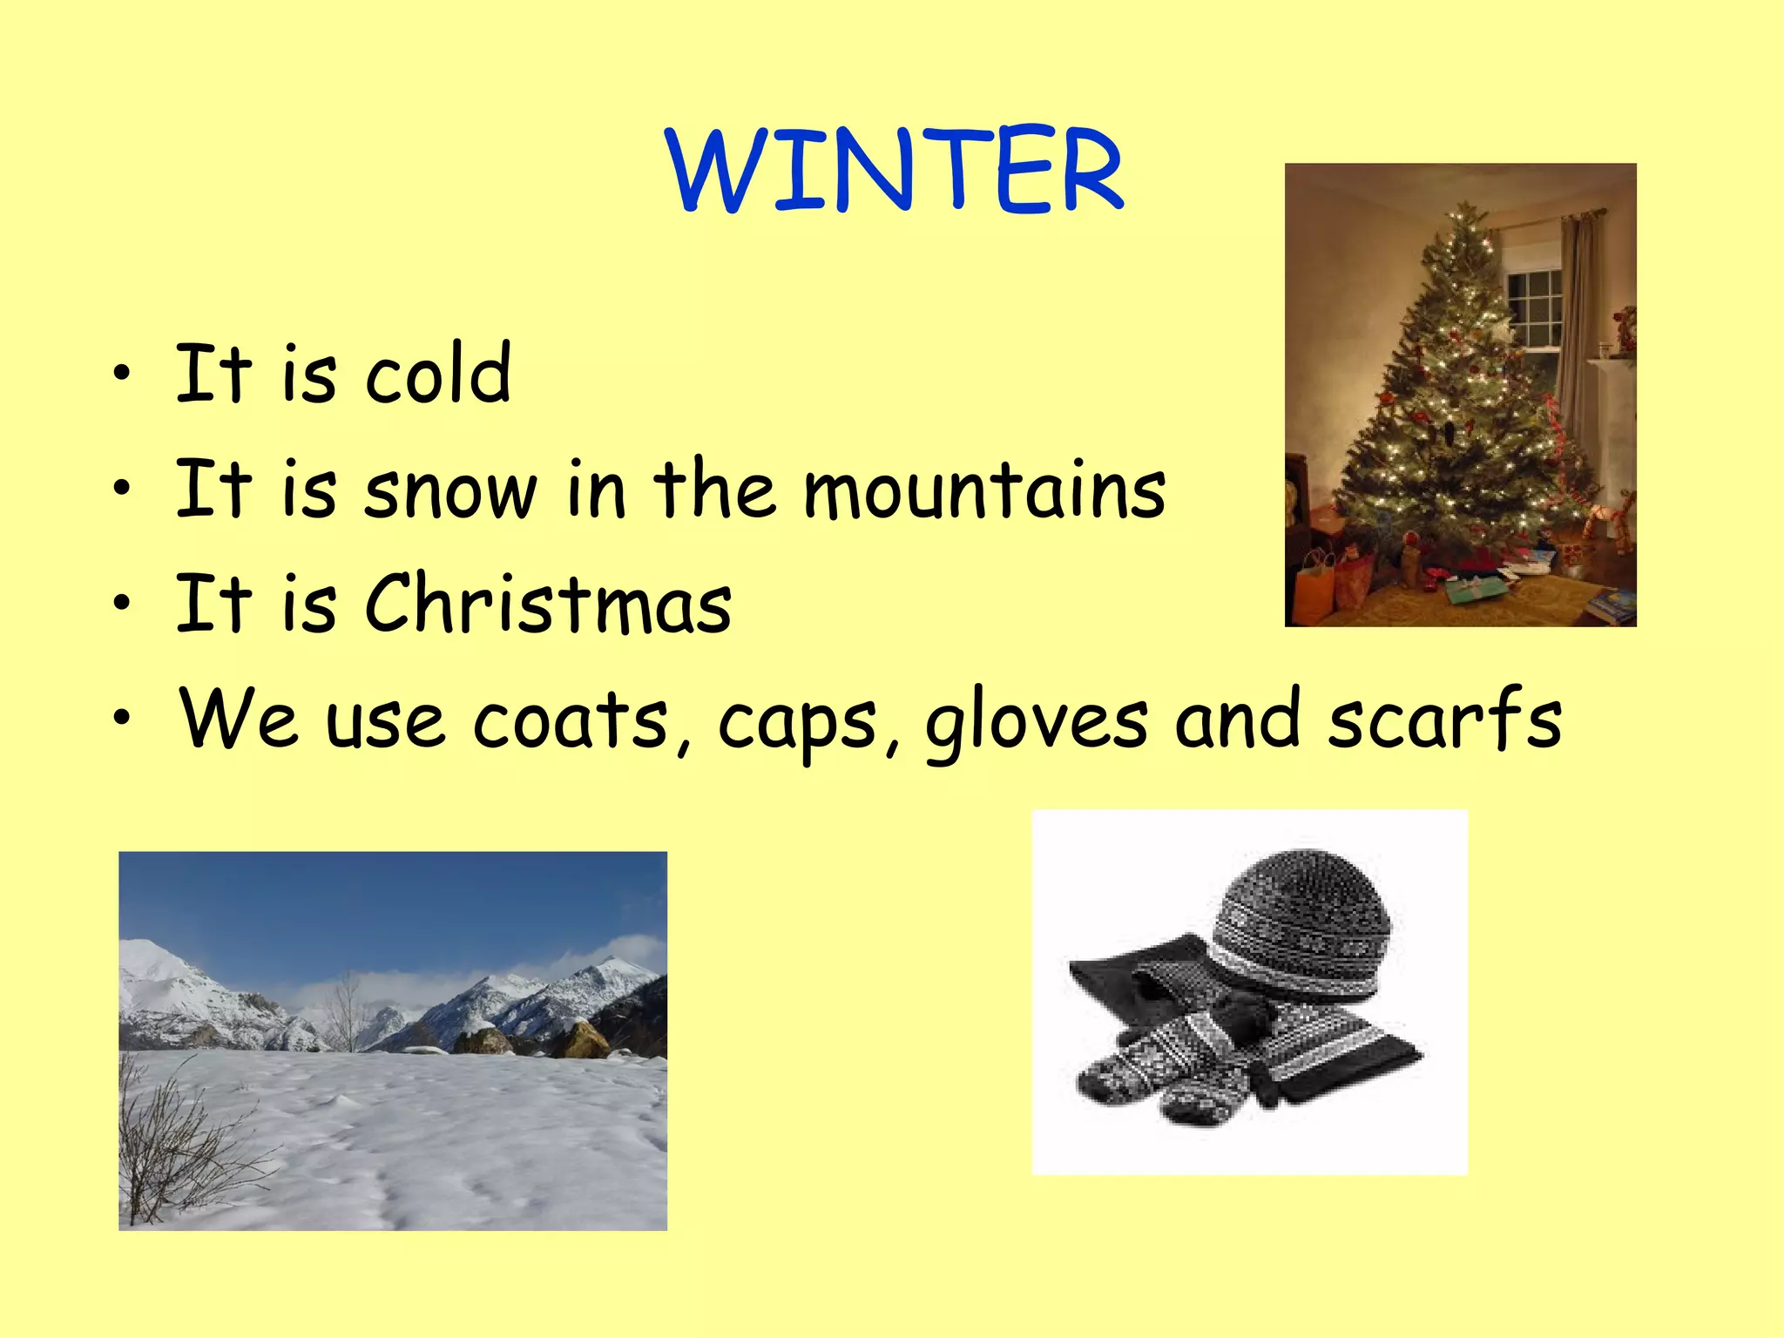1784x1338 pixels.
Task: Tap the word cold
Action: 437,374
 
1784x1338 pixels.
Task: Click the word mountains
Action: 983,490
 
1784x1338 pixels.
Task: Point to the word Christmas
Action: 548,604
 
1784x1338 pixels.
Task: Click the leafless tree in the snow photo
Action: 346,1010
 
